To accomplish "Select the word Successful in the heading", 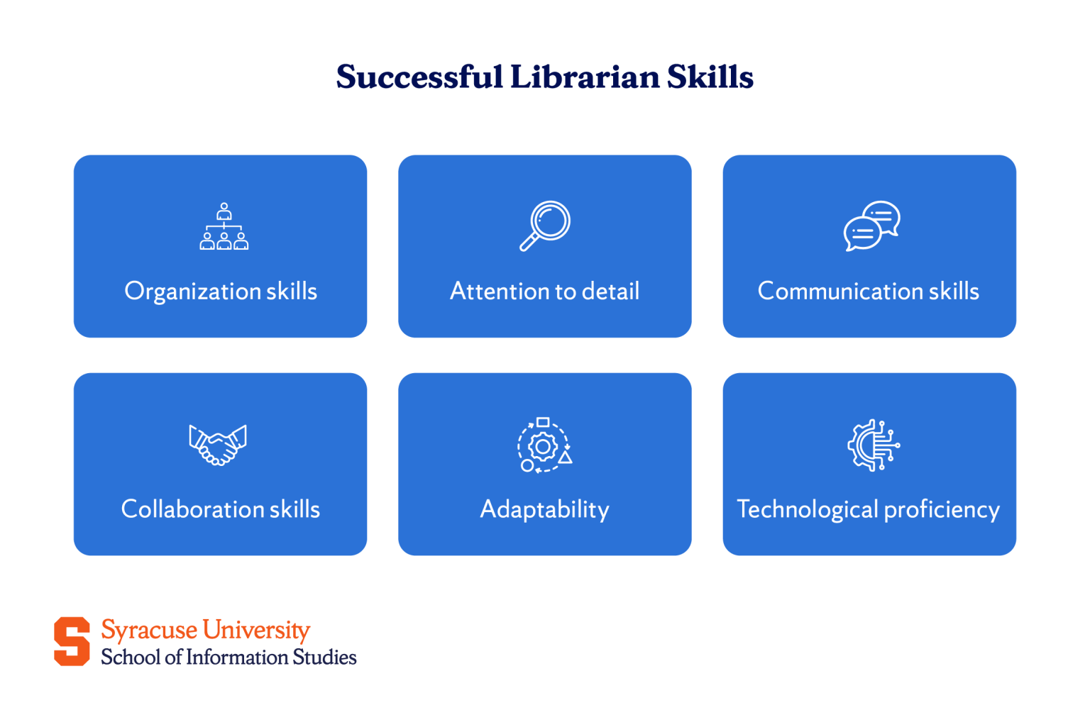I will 419,77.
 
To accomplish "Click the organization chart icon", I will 224,226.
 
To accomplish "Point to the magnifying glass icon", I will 545,226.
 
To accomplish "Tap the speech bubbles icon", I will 871,226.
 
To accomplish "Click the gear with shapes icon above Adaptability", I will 544,445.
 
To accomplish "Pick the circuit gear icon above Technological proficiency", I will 873,445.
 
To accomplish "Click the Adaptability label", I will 544,509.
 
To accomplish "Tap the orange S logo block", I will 72,641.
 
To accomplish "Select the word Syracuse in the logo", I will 149,630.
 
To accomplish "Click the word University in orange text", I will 256,630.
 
